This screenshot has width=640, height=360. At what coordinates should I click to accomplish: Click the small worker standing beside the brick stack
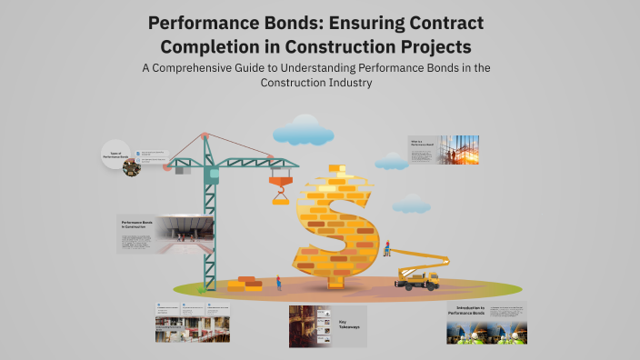point(278,283)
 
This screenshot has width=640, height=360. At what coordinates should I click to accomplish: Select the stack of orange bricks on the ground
point(245,283)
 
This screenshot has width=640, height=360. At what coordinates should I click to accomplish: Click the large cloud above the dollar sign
point(303,130)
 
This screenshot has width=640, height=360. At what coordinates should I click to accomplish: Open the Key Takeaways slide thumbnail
point(327,325)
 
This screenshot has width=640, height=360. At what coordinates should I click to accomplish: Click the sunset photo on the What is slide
point(461,149)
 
